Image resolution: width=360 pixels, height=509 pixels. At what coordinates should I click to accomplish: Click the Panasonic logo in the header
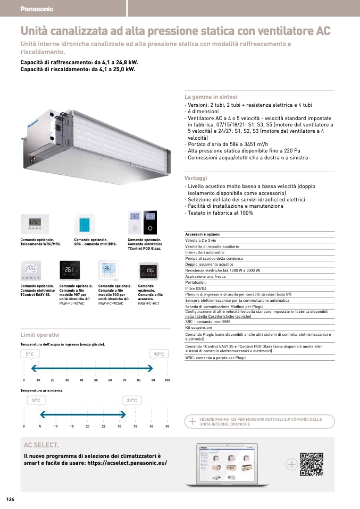coord(37,9)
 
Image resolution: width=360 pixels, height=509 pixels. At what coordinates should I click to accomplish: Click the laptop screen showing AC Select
coord(227,463)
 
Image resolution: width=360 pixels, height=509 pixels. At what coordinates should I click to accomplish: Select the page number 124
coord(10,499)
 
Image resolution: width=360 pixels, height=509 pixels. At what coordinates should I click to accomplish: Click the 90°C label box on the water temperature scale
coord(159,354)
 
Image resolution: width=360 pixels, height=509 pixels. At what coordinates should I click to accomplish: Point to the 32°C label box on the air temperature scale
coord(132,401)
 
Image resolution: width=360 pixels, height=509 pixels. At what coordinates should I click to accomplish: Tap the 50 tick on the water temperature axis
coord(96,380)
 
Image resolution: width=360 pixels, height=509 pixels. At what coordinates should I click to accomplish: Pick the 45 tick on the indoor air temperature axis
coord(167,426)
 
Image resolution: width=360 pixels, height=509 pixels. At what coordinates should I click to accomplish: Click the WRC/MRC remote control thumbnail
coord(34,224)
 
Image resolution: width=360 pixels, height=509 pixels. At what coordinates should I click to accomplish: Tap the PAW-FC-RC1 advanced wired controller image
coord(150,272)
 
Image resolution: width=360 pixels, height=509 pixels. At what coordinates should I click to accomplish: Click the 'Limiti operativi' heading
coord(40,335)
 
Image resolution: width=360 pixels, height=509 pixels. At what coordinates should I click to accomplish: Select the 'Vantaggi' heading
coord(195,179)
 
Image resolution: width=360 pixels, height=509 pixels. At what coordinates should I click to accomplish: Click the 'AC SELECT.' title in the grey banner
coord(41,445)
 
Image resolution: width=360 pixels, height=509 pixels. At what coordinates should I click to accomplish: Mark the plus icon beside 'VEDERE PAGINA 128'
coord(192,421)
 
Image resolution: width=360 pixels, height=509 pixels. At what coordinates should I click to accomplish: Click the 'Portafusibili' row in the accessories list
coord(196,282)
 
